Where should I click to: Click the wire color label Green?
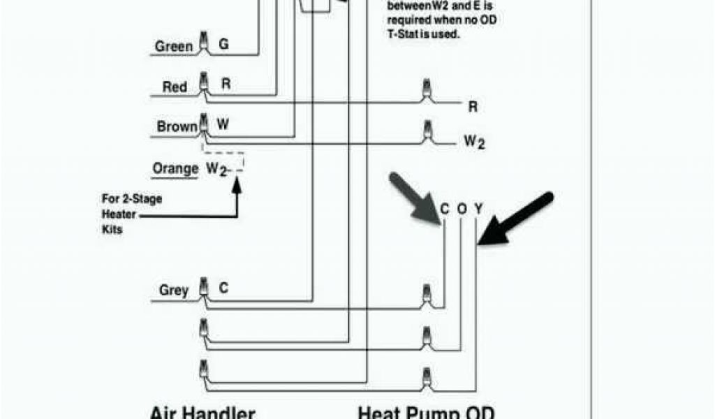tap(173, 47)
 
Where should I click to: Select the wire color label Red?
tap(175, 87)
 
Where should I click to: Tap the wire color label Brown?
tap(177, 127)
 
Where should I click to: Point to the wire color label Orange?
tap(175, 169)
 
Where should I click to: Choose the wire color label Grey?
tap(173, 291)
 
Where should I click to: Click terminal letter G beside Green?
tap(223, 44)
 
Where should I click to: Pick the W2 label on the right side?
tap(475, 142)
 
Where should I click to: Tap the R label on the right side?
tap(473, 108)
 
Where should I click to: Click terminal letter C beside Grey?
tap(223, 287)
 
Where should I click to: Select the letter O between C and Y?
tap(462, 209)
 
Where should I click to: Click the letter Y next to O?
tap(478, 209)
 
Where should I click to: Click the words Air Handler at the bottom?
tap(202, 413)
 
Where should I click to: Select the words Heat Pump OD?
tap(426, 413)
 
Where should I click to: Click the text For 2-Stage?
tap(131, 199)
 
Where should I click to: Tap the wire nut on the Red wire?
tap(203, 82)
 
